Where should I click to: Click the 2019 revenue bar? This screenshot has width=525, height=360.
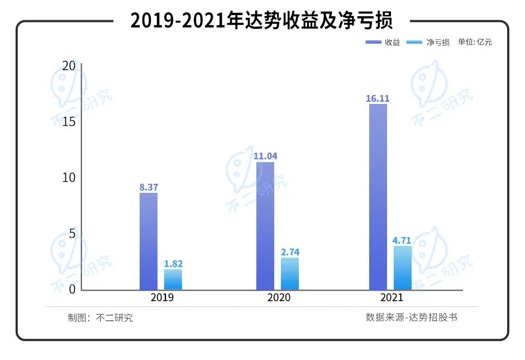pyautogui.click(x=149, y=241)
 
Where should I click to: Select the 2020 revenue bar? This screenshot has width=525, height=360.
pyautogui.click(x=265, y=226)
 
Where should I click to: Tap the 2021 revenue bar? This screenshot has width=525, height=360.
pyautogui.click(x=378, y=197)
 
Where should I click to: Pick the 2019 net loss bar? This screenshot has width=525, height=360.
pyautogui.click(x=173, y=280)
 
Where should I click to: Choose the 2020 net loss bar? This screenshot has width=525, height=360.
pyautogui.click(x=290, y=274)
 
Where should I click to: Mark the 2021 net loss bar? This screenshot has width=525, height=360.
pyautogui.click(x=403, y=268)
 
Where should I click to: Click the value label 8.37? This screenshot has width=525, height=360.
pyautogui.click(x=149, y=187)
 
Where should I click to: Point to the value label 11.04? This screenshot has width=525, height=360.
pyautogui.click(x=265, y=157)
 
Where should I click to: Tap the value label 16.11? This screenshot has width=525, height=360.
pyautogui.click(x=378, y=98)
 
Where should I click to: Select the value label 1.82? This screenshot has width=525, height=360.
pyautogui.click(x=173, y=264)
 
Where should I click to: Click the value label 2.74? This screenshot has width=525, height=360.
pyautogui.click(x=290, y=252)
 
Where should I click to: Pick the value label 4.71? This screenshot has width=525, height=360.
pyautogui.click(x=402, y=241)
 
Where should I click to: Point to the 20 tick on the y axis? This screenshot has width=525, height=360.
pyautogui.click(x=69, y=65)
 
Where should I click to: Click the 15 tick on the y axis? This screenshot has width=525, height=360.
pyautogui.click(x=69, y=121)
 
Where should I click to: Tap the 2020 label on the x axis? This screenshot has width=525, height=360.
pyautogui.click(x=279, y=297)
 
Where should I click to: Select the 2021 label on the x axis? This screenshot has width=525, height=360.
pyautogui.click(x=391, y=297)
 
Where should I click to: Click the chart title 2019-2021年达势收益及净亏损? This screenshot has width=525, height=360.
pyautogui.click(x=261, y=21)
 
